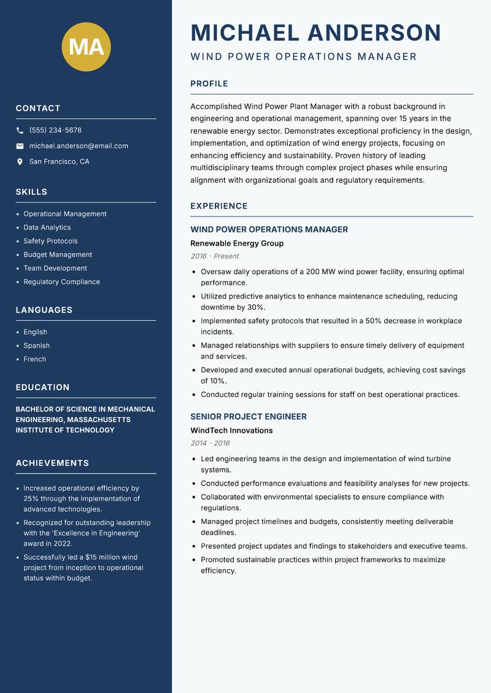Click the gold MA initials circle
pos(87,47)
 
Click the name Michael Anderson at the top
pos(316,33)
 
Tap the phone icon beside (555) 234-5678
pos(20,131)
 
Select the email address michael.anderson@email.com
pos(79,146)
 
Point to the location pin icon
pos(20,162)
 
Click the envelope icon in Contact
pos(20,146)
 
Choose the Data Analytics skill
pos(47,228)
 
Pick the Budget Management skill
pos(58,255)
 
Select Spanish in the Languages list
pos(36,345)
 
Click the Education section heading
pos(42,388)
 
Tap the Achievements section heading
pos(52,463)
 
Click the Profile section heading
pos(209,84)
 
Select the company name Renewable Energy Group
pos(237,243)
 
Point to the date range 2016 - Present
pos(214,256)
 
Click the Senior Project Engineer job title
pos(249,416)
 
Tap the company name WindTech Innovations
pos(231,431)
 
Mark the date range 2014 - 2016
pos(210,443)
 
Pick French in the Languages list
pos(34,359)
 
